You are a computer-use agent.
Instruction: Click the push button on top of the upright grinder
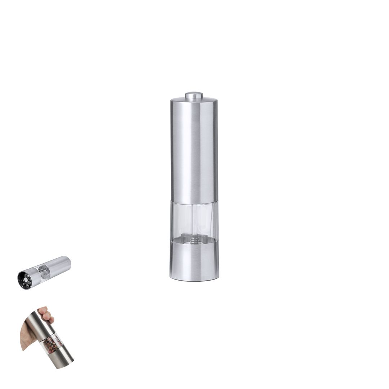pos(194,95)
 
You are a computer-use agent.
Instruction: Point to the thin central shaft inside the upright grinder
pos(194,223)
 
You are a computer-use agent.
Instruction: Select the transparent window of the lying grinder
pos(44,272)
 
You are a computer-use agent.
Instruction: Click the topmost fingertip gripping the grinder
pos(43,310)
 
